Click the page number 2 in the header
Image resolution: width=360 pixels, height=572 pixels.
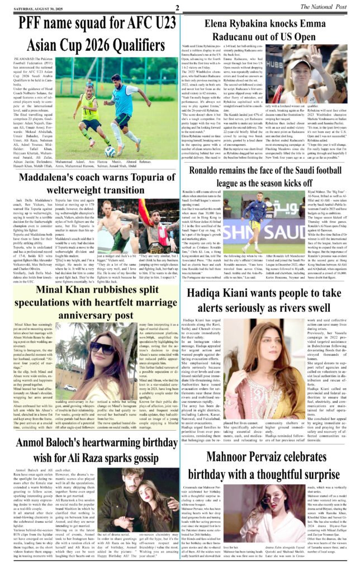[x=177, y=7]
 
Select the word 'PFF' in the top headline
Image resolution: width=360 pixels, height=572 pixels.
[x=34, y=24]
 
